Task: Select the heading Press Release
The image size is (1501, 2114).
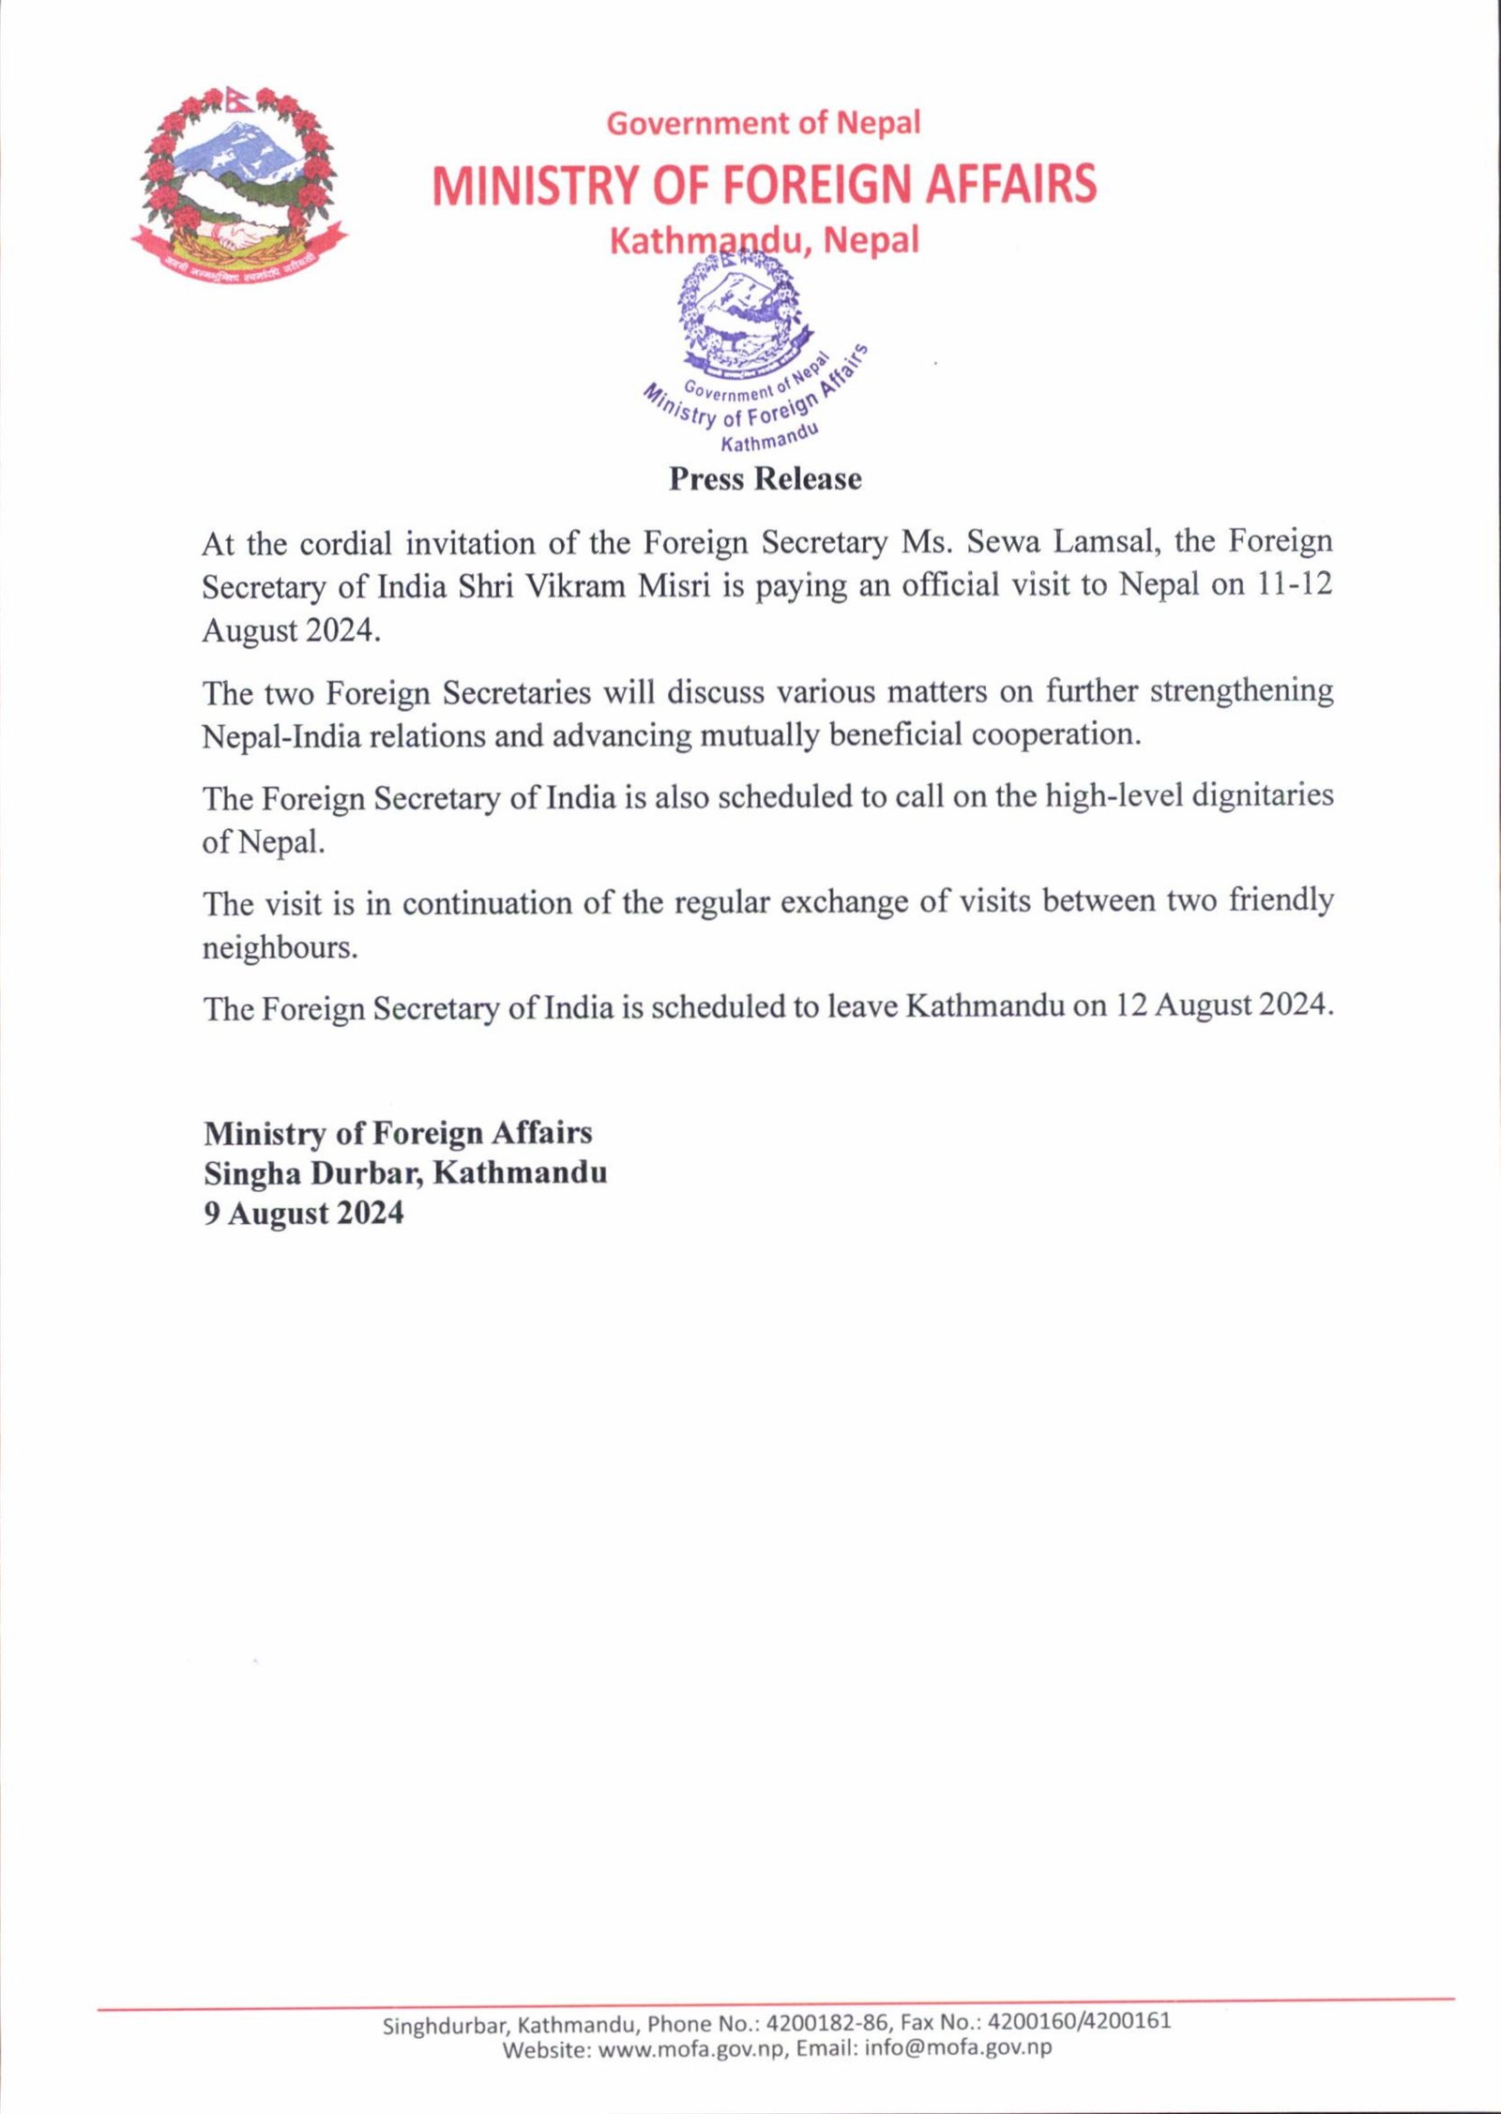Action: point(765,479)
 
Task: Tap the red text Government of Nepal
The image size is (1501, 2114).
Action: point(764,123)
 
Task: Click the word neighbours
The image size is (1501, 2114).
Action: point(280,948)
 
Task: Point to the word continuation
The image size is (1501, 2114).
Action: point(485,902)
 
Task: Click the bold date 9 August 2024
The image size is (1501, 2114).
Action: point(304,1214)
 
